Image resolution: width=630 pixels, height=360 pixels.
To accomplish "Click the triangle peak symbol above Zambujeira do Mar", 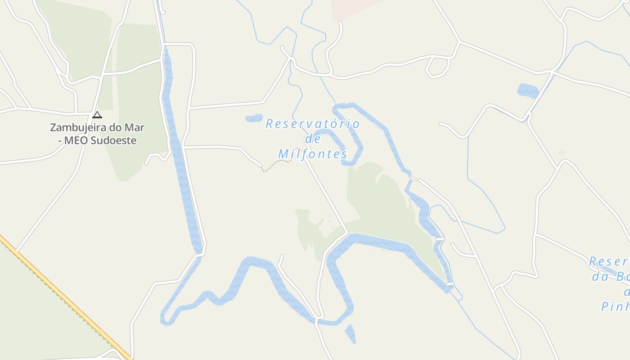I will point(97,115).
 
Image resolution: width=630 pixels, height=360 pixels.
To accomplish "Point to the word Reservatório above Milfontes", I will point(312,124).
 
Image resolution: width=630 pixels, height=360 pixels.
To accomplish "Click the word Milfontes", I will point(313,154).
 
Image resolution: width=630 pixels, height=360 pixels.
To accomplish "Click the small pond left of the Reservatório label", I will point(254,118).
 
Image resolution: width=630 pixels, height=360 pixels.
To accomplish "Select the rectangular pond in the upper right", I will point(528,90).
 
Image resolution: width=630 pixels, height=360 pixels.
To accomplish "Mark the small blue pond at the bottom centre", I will point(351,333).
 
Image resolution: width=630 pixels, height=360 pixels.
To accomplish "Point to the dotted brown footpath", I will point(276,165).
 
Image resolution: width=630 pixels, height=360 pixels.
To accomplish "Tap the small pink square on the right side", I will point(562,153).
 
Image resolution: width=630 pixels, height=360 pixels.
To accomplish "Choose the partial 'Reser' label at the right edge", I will point(608,261).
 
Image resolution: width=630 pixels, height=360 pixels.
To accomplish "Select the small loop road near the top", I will point(437,67).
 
